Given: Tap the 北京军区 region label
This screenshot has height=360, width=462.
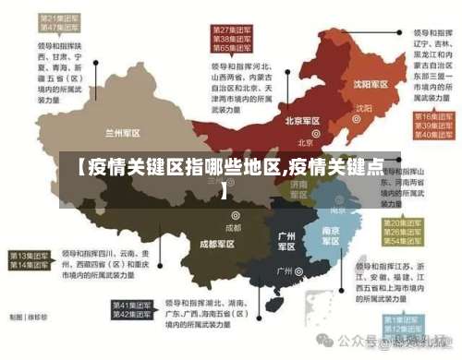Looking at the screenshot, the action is tap(302, 121).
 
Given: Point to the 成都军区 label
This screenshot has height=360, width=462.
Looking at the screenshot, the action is tap(217, 244).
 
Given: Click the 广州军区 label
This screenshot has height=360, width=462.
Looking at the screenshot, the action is tap(287, 241).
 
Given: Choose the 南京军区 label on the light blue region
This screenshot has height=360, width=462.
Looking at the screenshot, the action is tap(331, 235).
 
